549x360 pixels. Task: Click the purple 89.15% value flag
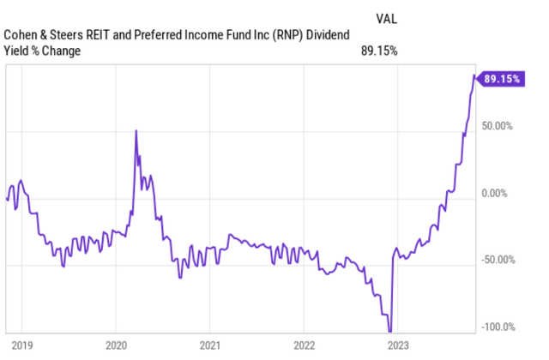coord(504,78)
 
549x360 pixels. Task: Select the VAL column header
coord(386,16)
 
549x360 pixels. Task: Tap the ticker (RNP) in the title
coord(281,35)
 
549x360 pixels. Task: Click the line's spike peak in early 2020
coord(136,130)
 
